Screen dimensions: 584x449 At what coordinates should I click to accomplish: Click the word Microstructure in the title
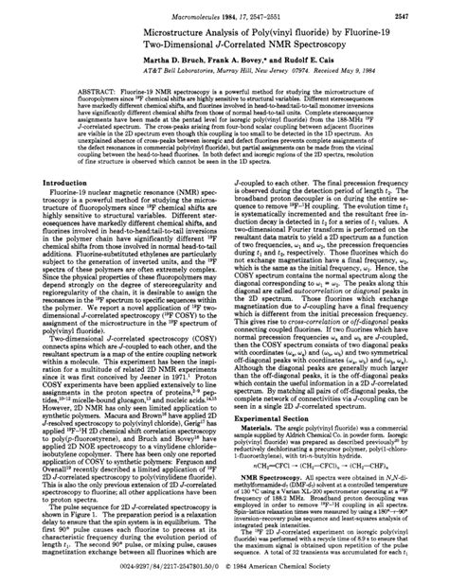coord(106,31)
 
